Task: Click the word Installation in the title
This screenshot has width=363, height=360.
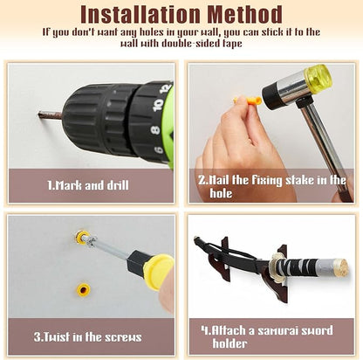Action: click(140, 14)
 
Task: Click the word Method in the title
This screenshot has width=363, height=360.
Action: click(245, 14)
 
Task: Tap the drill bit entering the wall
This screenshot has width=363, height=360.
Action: click(50, 115)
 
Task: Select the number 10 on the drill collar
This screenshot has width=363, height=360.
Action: click(158, 105)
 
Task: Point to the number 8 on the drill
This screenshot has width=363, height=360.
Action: click(156, 129)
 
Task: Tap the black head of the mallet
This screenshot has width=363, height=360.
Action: click(271, 96)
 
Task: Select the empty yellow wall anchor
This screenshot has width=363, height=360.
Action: click(83, 289)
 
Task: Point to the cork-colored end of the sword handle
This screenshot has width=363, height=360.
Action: click(340, 267)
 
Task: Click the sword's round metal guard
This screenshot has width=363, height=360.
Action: click(276, 267)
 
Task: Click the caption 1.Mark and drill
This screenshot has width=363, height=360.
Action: click(88, 185)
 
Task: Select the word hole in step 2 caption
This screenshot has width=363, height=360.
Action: click(221, 193)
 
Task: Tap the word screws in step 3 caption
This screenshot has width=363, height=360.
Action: click(123, 337)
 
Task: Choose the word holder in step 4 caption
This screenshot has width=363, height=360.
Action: click(229, 343)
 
